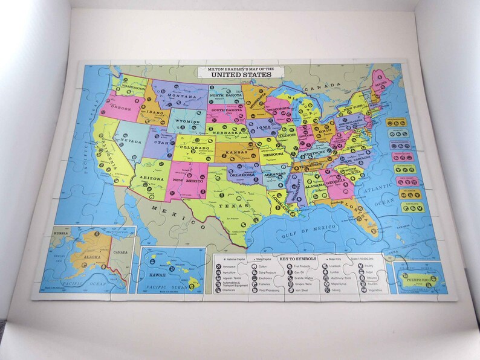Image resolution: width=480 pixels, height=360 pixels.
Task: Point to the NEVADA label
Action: coord(130,141)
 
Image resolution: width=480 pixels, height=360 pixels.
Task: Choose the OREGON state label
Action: coord(120,109)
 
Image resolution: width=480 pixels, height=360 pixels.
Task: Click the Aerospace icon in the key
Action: coord(219,266)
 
